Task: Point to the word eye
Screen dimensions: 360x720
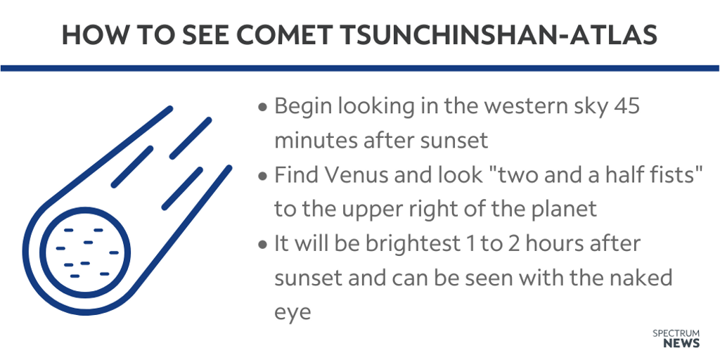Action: point(292,311)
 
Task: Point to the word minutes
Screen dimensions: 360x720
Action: point(316,140)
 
